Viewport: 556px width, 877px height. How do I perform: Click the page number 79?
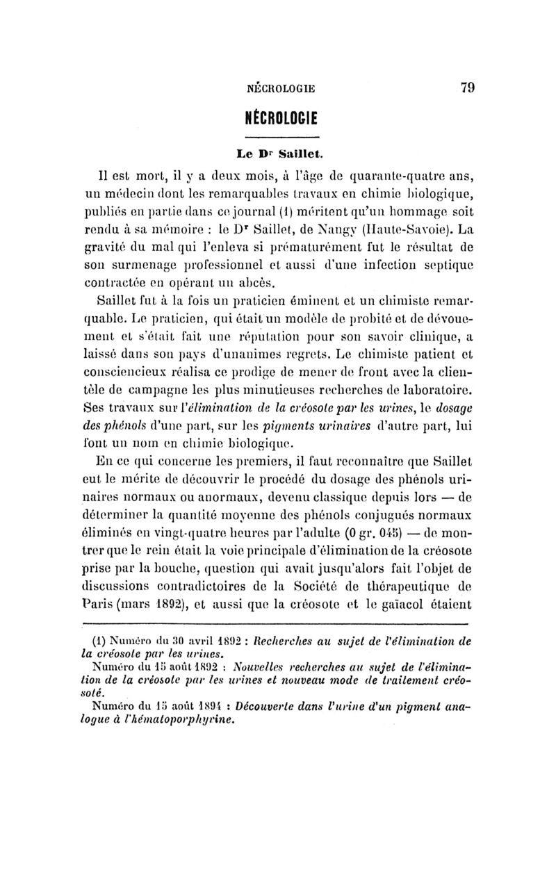pos(466,88)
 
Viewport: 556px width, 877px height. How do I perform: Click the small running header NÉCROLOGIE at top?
pos(281,88)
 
